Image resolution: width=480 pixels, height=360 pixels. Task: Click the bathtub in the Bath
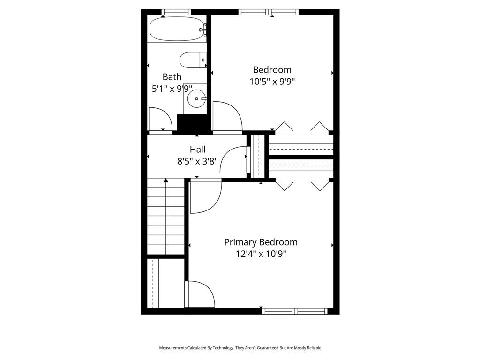[x=176, y=29]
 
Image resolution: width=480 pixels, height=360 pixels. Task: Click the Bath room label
[x=172, y=77]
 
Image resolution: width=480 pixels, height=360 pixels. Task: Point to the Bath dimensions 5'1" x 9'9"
[x=172, y=89]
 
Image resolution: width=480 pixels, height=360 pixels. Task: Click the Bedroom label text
[x=272, y=70]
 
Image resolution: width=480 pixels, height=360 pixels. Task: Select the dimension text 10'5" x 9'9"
[x=272, y=82]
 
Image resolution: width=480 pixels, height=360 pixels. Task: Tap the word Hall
[x=197, y=150]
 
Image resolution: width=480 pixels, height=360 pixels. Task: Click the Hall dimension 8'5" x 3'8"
[x=197, y=161]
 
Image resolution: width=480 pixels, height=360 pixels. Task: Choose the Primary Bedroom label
[x=261, y=242]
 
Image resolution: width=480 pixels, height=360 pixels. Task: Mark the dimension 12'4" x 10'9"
[x=261, y=254]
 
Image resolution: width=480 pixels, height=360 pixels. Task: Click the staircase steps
[x=166, y=218]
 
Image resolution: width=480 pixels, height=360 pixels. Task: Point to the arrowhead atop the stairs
[x=166, y=180]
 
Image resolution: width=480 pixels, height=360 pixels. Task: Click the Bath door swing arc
[x=158, y=118]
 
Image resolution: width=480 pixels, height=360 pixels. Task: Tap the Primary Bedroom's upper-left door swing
[x=205, y=197]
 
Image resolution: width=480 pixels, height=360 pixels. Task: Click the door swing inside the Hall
[x=233, y=160]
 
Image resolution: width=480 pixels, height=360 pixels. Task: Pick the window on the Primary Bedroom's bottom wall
[x=295, y=311]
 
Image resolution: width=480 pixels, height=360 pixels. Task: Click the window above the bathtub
[x=176, y=12]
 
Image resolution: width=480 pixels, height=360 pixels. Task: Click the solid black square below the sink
[x=192, y=123]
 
